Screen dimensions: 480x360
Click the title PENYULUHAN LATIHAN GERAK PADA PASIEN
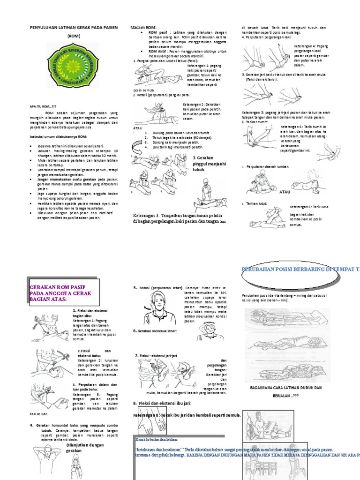point(74,28)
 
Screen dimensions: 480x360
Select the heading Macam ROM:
point(143,28)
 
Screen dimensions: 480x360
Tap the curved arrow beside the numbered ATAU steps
point(139,149)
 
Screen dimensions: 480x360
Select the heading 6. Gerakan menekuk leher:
point(157,331)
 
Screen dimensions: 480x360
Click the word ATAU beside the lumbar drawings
point(285,192)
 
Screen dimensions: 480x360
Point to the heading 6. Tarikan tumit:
point(255,122)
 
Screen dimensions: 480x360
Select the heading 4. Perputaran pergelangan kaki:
point(267,37)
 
